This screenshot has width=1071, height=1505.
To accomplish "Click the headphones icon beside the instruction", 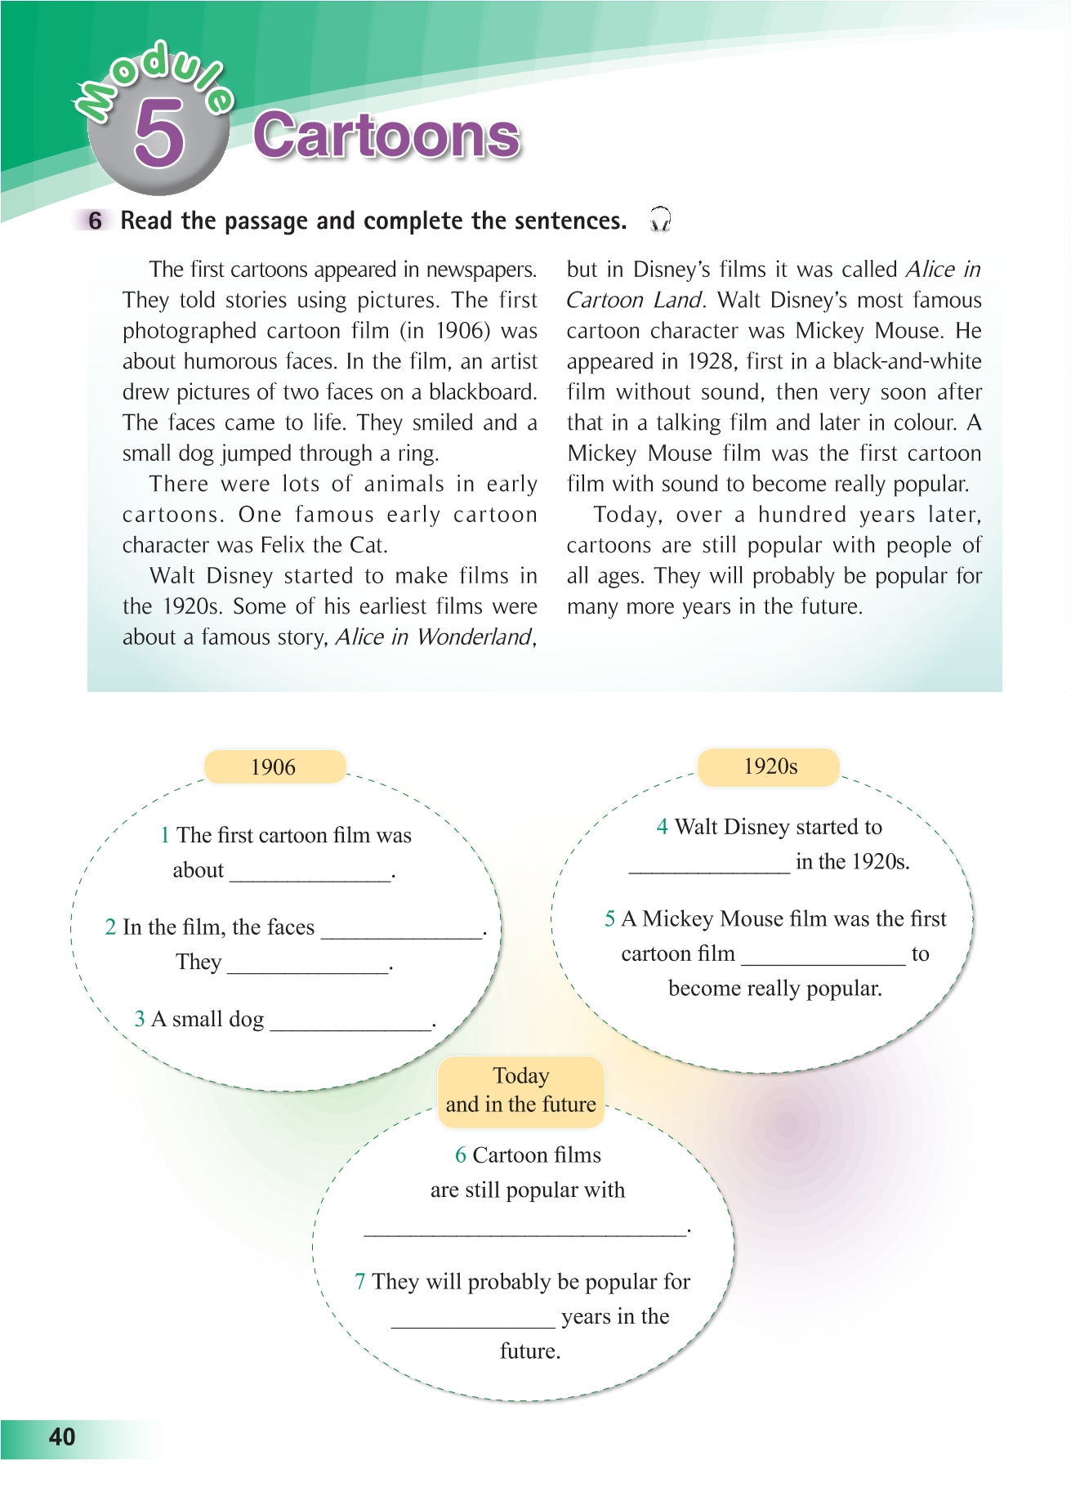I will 659,219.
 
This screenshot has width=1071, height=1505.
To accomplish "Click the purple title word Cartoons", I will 386,136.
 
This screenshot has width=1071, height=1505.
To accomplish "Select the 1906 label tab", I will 274,767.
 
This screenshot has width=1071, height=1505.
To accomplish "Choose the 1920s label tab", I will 770,766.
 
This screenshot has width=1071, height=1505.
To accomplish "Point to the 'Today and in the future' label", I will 520,1091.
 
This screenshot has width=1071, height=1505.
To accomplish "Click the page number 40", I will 62,1437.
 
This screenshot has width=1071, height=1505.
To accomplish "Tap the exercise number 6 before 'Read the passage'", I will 96,221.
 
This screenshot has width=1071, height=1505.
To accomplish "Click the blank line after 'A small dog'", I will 350,1026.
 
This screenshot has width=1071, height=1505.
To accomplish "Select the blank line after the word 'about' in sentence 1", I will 310,878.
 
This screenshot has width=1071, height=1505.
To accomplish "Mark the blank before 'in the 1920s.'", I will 709,869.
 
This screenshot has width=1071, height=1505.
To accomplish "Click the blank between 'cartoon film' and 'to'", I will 823,961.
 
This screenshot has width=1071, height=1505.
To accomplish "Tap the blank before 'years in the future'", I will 472,1324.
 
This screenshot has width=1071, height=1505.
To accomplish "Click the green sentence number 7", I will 360,1281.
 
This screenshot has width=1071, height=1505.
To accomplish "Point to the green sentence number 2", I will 110,927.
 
